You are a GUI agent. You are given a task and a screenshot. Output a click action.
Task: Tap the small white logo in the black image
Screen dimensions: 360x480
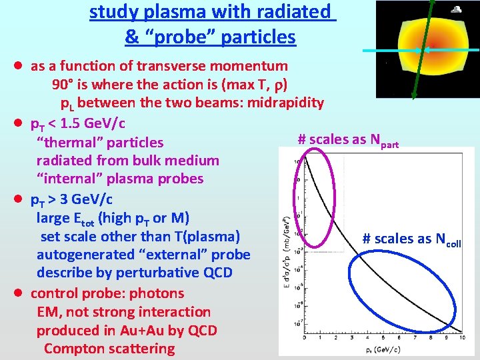click(x=457, y=10)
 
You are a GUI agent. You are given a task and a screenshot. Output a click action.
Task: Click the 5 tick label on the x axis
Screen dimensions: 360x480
click(x=383, y=339)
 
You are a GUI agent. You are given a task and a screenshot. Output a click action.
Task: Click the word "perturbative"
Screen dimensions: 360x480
click(x=160, y=273)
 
